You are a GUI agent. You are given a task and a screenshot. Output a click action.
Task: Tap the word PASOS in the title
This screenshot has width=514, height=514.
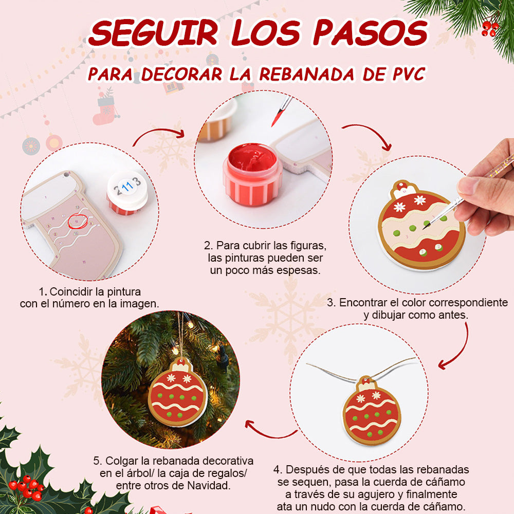[371, 32]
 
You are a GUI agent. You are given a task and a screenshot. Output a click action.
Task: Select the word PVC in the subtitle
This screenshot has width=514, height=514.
[409, 74]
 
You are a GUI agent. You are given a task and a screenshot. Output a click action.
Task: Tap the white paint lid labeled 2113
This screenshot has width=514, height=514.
[127, 192]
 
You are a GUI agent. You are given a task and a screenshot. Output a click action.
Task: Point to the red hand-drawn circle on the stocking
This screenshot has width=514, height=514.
[78, 221]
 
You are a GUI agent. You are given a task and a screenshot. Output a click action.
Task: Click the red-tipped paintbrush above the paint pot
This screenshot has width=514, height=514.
[281, 111]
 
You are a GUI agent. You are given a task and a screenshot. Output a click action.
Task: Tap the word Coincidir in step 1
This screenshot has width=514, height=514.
[70, 291]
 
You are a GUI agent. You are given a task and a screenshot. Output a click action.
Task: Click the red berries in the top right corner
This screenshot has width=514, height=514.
[490, 28]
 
